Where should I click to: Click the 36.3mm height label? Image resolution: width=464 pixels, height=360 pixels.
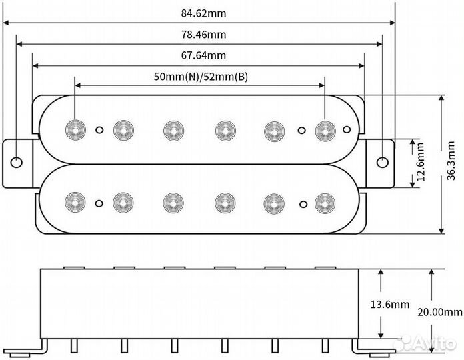pos(451,165)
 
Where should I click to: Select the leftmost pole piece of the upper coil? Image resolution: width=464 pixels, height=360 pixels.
pos(75,129)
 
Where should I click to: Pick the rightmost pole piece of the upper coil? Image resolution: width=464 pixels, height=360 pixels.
pos(325,129)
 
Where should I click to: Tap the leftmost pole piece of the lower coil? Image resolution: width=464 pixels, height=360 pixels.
pos(75,201)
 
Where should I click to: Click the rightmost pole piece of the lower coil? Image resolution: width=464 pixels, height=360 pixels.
pos(325,201)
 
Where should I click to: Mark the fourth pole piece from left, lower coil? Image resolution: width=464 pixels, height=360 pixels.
pos(225,201)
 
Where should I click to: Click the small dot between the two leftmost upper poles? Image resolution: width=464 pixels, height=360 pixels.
pos(100,129)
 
